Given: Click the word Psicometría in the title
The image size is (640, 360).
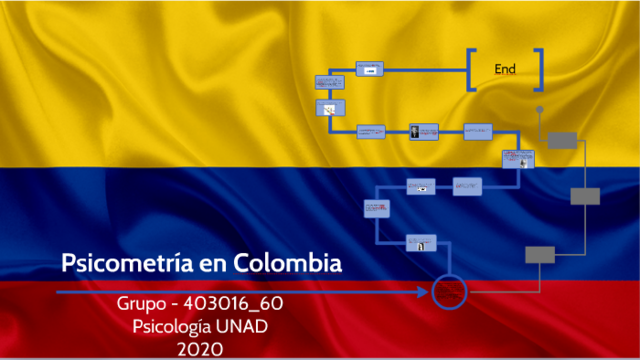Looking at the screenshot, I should tap(121, 264).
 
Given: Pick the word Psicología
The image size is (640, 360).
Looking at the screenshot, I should tap(179, 326).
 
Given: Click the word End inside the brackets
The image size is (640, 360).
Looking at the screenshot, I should tap(505, 69).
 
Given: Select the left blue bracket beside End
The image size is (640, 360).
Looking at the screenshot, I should tap(470, 69).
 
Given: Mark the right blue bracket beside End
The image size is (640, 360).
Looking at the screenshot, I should tap(539, 69).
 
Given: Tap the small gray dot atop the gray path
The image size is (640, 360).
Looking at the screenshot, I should tap(540, 108).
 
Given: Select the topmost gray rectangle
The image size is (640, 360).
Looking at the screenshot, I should tap(563, 139).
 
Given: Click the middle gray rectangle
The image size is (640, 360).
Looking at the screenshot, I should tap(585, 196).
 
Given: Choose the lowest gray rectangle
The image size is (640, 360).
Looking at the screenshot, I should tap(540, 254).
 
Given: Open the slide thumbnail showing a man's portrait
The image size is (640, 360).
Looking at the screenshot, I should tap(423, 131).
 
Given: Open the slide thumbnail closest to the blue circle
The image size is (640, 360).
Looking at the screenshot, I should tap(421, 241).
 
